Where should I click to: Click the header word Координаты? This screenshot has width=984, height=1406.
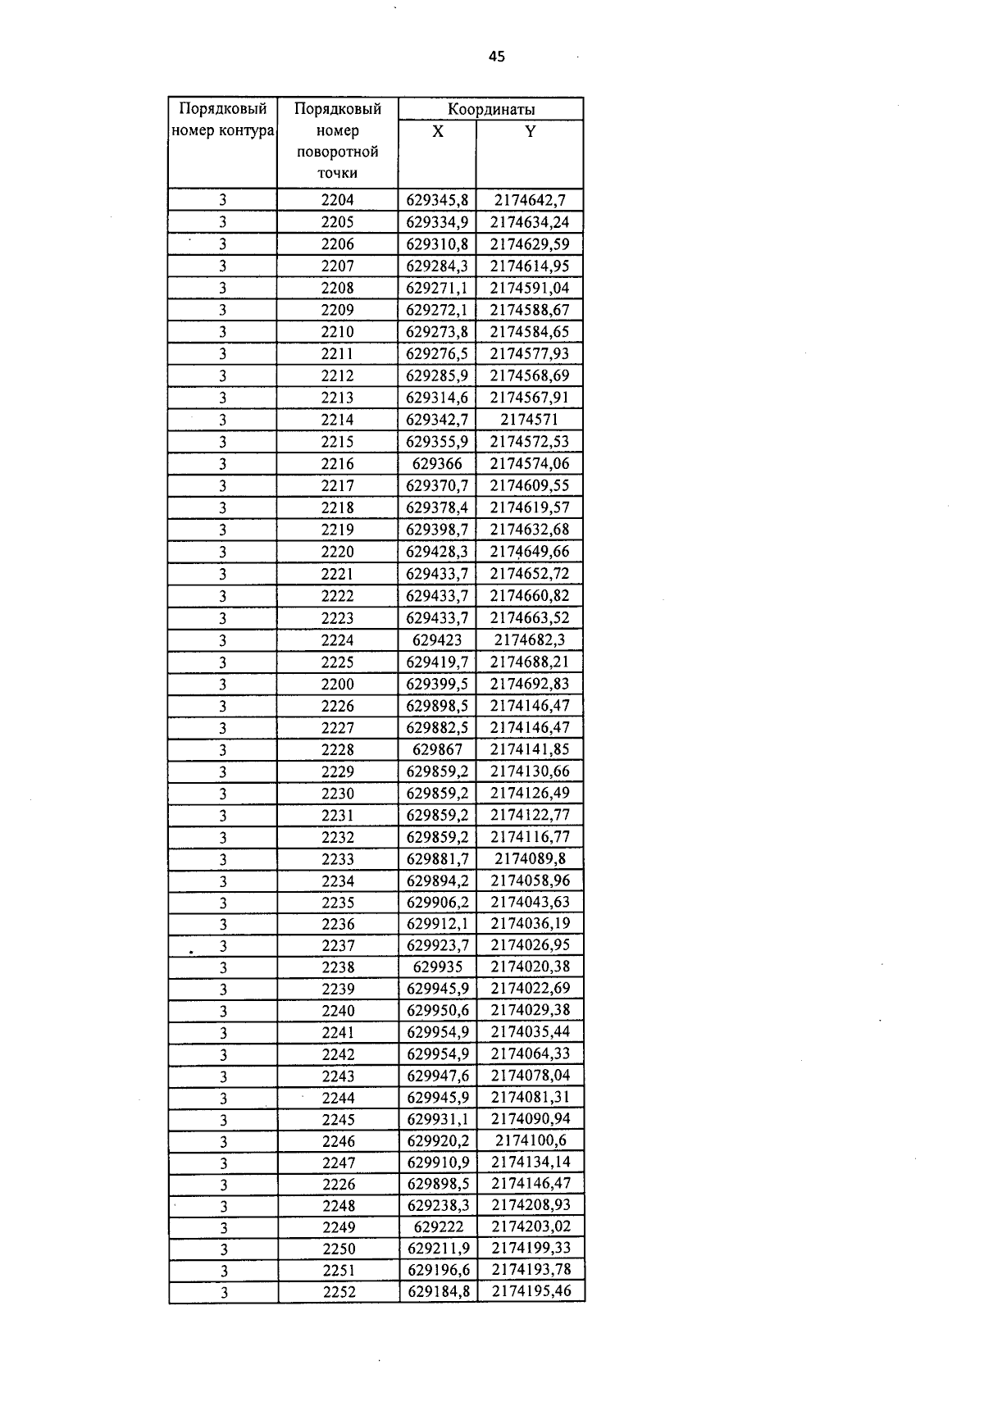(x=491, y=109)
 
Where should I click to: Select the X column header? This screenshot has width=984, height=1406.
(x=438, y=131)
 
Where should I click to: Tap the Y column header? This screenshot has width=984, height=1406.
(x=531, y=131)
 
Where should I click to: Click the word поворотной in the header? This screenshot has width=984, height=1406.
(x=338, y=152)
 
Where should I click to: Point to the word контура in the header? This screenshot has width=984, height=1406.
(x=246, y=130)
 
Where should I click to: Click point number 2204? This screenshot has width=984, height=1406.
(x=338, y=200)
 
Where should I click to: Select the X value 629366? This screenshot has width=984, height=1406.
(x=438, y=464)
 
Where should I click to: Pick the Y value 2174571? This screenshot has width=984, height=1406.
(x=530, y=420)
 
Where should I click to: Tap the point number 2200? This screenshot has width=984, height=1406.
(x=338, y=684)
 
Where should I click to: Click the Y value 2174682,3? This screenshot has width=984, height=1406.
(x=530, y=640)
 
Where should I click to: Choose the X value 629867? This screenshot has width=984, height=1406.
(x=438, y=749)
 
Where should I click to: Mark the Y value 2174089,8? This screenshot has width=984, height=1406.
(x=530, y=858)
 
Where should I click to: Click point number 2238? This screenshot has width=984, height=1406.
(x=338, y=967)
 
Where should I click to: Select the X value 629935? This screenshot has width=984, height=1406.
(x=438, y=967)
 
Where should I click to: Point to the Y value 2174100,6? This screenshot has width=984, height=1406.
(x=531, y=1140)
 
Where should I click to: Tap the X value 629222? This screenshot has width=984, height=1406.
(x=439, y=1227)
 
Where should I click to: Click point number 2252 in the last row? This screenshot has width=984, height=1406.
(x=338, y=1292)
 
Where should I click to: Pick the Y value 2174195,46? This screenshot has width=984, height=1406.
(x=531, y=1292)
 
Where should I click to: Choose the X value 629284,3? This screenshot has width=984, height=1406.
(x=438, y=266)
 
